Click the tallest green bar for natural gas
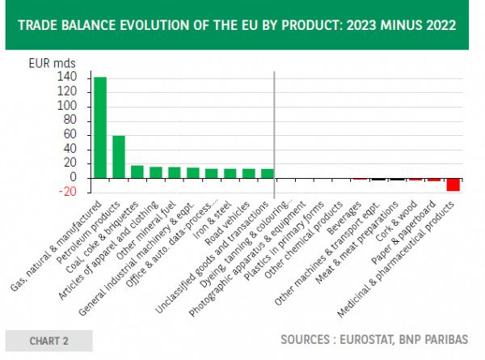(x=100, y=127)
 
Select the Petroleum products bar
(x=118, y=157)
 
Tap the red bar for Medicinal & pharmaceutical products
(x=453, y=184)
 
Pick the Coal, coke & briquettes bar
(x=137, y=172)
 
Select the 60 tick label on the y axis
(x=70, y=134)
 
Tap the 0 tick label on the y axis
(x=74, y=177)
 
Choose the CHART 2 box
(x=48, y=341)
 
